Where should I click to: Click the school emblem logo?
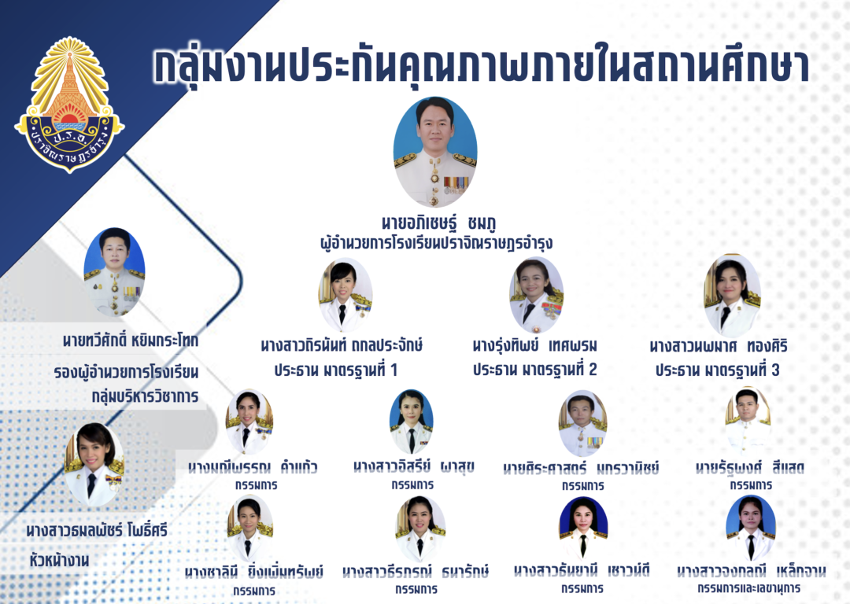click(69, 102)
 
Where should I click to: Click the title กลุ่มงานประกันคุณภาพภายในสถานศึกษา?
click(481, 66)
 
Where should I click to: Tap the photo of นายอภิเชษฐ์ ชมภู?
click(434, 151)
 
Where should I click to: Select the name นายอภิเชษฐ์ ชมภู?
click(434, 223)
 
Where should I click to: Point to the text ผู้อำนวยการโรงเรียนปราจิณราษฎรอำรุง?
click(434, 243)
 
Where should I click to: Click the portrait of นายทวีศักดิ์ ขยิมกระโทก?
click(114, 271)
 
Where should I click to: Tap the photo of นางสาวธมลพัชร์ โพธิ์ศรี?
click(94, 465)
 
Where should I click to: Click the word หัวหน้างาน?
click(56, 562)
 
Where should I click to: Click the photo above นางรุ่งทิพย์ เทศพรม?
click(536, 295)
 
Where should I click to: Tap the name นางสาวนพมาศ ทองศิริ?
click(719, 346)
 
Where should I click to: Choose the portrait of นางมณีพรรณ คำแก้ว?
click(249, 422)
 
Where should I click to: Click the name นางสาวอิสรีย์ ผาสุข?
click(413, 467)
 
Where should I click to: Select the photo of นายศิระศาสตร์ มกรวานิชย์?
click(582, 423)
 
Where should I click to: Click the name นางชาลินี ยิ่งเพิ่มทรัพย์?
click(254, 572)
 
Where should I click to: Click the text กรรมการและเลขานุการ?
click(750, 588)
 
